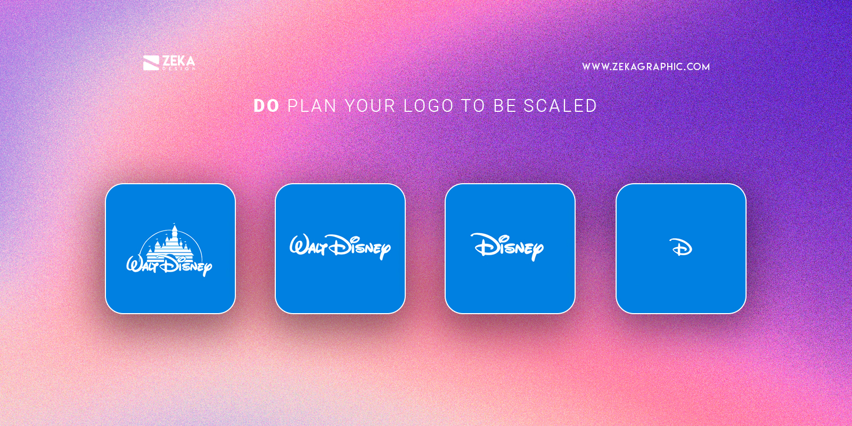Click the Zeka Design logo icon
pos(151,63)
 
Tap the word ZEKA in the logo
pos(178,61)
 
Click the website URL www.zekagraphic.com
pos(645,67)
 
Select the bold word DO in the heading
pos(266,106)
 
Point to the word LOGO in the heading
pos(428,106)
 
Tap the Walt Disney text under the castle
pos(169,265)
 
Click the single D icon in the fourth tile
pos(681,248)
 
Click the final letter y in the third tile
pos(537,250)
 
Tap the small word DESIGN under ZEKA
pos(178,69)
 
